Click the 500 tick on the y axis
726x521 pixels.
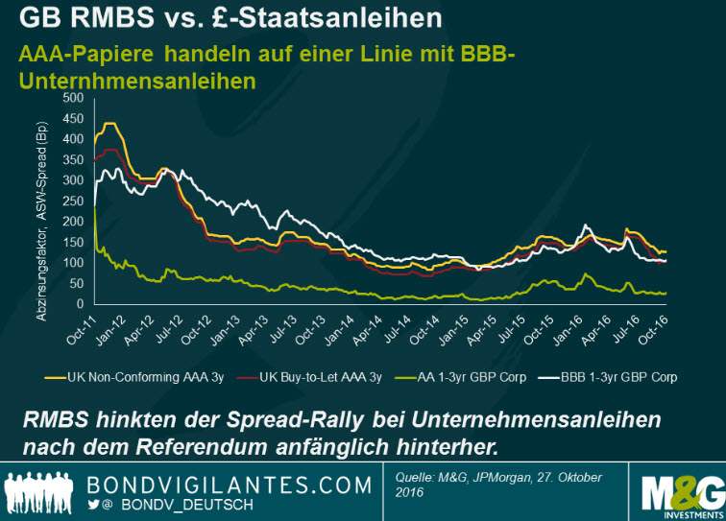(71, 98)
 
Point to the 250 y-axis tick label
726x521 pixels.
(71, 201)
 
